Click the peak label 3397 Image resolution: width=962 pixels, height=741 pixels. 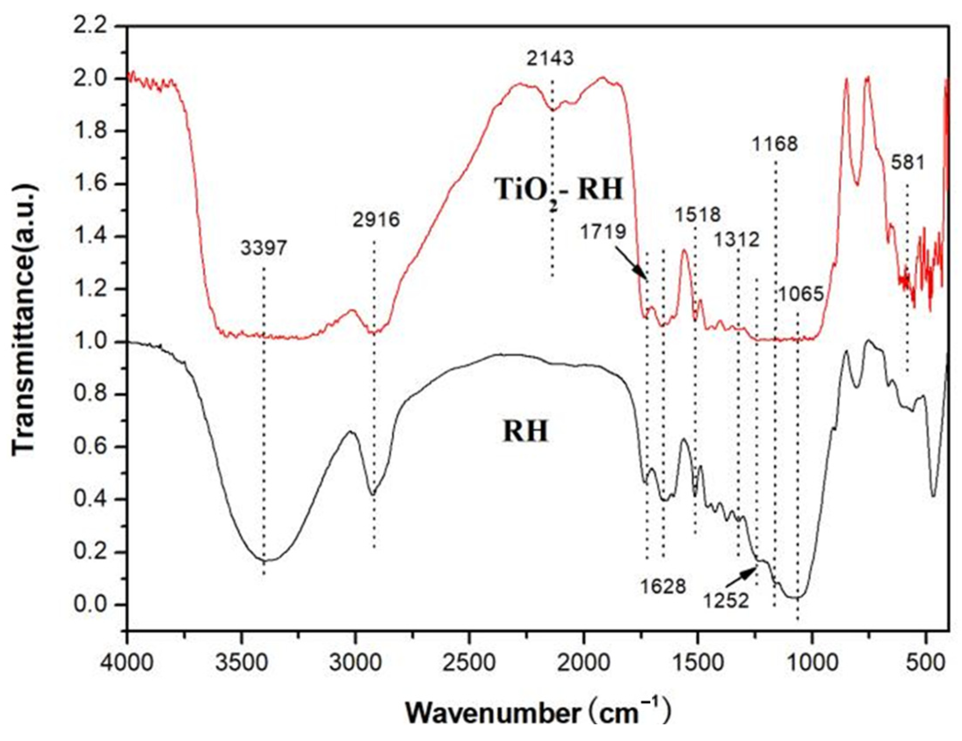[264, 249]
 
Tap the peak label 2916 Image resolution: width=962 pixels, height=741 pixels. [376, 220]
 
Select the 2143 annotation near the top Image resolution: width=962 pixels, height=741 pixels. [550, 58]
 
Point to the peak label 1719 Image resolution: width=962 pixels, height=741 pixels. [603, 231]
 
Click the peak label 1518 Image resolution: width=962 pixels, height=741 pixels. [698, 214]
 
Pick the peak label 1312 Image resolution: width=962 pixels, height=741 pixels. [737, 240]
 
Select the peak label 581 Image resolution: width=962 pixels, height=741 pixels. [908, 163]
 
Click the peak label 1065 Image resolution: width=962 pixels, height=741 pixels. [800, 294]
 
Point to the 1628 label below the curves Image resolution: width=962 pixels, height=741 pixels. [663, 587]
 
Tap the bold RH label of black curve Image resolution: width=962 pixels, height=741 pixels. [526, 432]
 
